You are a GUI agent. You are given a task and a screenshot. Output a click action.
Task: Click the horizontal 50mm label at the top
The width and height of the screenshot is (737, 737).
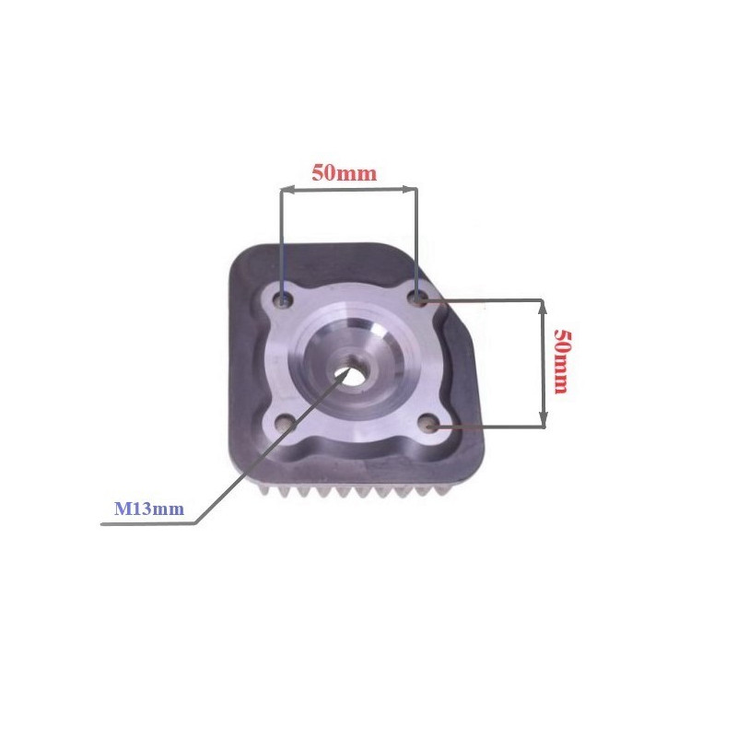click(x=345, y=173)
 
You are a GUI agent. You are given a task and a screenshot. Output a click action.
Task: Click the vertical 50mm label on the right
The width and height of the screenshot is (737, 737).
click(x=561, y=361)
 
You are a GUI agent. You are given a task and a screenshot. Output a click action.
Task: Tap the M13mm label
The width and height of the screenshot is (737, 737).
click(x=149, y=509)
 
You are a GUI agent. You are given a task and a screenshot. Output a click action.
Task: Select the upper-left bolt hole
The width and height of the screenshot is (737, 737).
click(x=285, y=298)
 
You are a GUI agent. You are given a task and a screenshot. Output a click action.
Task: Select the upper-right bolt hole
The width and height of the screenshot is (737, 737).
click(x=418, y=298)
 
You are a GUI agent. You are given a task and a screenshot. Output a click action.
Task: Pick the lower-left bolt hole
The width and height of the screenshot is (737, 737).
click(x=285, y=423)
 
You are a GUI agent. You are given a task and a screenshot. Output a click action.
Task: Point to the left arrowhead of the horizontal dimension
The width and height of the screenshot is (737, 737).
click(x=287, y=190)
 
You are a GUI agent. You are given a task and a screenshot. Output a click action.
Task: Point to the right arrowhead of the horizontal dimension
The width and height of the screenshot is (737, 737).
click(x=410, y=190)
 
